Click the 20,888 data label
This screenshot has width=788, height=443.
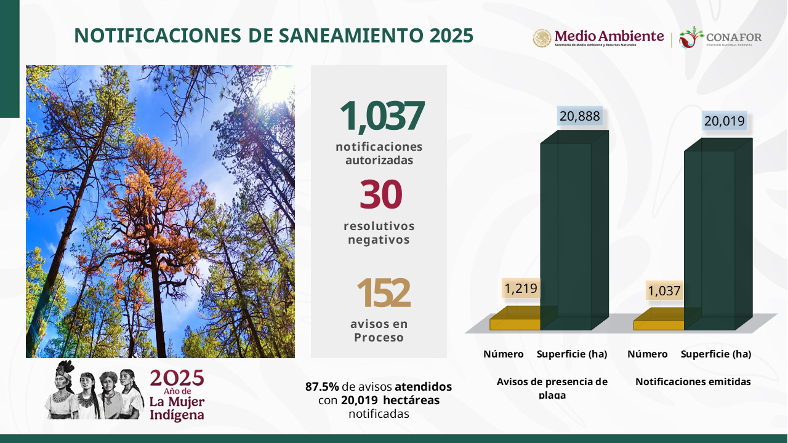(x=580, y=116)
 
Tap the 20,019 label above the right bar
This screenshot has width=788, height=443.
(x=725, y=121)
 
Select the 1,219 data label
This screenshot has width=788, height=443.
(x=521, y=289)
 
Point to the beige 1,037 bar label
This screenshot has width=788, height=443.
(x=664, y=291)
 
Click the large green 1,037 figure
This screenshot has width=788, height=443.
(x=382, y=116)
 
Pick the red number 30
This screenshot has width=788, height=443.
(x=380, y=194)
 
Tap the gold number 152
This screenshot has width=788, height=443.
(x=383, y=292)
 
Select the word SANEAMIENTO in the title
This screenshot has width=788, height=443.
(x=352, y=36)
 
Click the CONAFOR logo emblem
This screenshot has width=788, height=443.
(x=691, y=38)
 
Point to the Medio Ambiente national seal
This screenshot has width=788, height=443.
(x=542, y=38)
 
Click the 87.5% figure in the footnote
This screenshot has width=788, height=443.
(x=322, y=387)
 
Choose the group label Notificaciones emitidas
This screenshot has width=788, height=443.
(x=693, y=382)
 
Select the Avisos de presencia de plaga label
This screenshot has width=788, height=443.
(x=552, y=388)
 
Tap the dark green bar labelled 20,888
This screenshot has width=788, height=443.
(x=574, y=230)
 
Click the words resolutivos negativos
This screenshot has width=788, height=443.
(x=379, y=233)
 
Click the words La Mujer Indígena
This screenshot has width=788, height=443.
(x=177, y=408)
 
